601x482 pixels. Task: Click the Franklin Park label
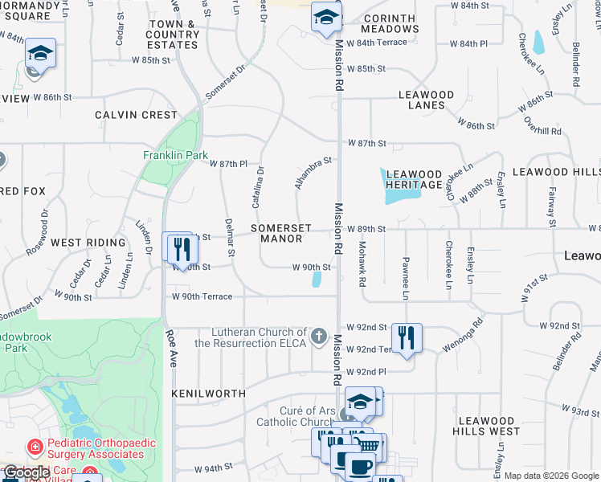[175, 155]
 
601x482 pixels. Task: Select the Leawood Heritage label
[414, 179]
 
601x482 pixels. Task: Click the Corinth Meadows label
[390, 23]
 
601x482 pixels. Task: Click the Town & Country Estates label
[173, 35]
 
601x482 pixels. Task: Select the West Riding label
[88, 242]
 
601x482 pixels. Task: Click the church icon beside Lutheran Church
[318, 335]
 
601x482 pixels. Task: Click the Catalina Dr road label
[259, 187]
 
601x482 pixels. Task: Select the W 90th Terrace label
[202, 296]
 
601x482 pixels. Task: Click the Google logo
[26, 472]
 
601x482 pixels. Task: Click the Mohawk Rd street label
[362, 265]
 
